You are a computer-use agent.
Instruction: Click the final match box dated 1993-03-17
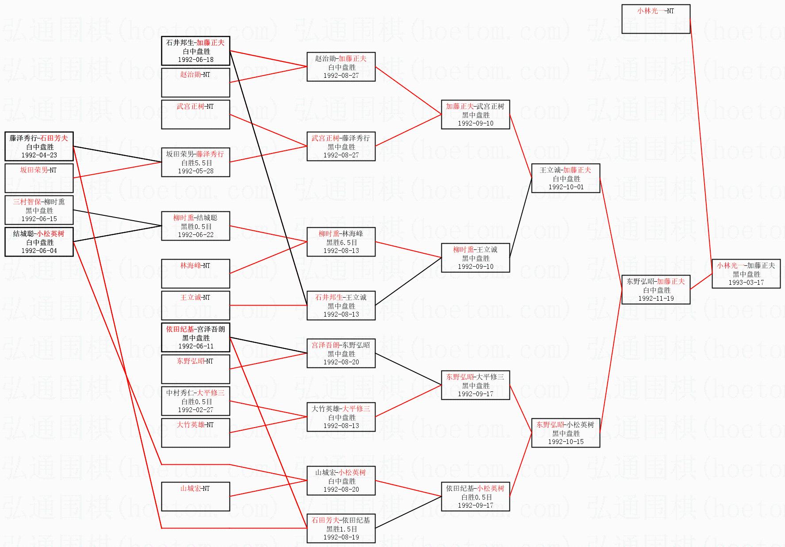click(746, 274)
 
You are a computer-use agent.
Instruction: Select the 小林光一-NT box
click(655, 19)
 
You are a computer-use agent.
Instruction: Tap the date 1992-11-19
click(656, 298)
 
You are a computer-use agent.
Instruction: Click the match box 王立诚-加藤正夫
click(565, 178)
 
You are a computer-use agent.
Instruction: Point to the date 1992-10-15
click(566, 442)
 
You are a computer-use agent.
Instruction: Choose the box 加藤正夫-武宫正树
click(475, 115)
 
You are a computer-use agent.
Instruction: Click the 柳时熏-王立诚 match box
click(475, 258)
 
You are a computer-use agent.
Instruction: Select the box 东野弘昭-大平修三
click(475, 385)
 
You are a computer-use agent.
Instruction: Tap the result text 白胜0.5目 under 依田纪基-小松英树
click(475, 497)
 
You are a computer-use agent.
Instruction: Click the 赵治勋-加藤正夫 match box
click(341, 67)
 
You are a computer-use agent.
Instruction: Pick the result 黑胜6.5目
click(341, 242)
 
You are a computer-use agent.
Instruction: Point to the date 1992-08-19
click(341, 537)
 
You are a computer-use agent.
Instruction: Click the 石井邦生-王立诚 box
click(341, 306)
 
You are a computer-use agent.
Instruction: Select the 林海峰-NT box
click(195, 273)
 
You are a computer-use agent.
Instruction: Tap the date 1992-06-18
click(195, 60)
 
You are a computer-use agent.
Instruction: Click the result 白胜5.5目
click(196, 163)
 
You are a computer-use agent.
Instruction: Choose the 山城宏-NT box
click(195, 496)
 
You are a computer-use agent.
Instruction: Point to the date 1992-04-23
click(39, 155)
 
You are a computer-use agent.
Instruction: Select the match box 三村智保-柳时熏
click(39, 210)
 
